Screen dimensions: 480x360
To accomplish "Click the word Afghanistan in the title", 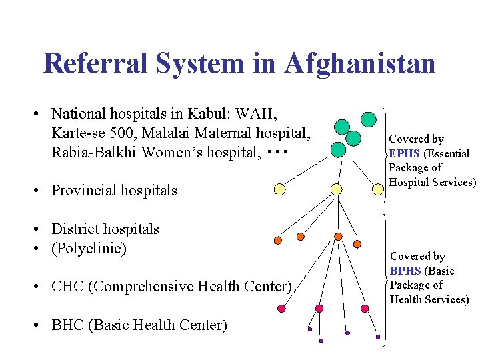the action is tap(359, 63).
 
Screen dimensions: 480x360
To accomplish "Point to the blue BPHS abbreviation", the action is tap(405, 271).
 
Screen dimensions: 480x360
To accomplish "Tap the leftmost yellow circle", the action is tap(280, 189).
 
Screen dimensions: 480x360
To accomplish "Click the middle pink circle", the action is tap(319, 309).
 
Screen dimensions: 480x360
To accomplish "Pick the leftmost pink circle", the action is tap(281, 309).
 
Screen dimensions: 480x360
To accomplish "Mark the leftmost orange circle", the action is tap(278, 241).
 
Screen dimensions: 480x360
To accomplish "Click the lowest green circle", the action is tap(338, 149).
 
